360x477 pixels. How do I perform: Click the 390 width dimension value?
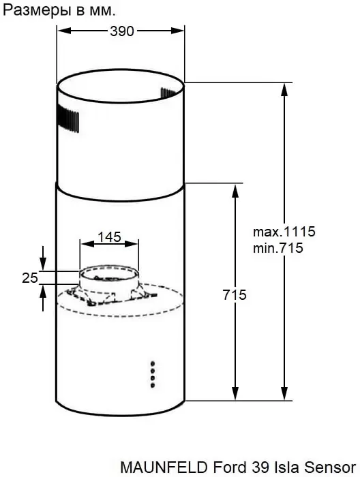(122, 31)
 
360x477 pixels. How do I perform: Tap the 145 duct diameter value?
(110, 237)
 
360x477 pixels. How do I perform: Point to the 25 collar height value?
(30, 278)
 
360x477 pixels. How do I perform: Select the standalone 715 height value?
(235, 295)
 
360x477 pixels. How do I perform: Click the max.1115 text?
(284, 232)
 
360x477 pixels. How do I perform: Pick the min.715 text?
(278, 248)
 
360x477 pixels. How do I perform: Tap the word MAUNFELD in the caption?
(166, 467)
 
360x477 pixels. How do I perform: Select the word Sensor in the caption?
(330, 467)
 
